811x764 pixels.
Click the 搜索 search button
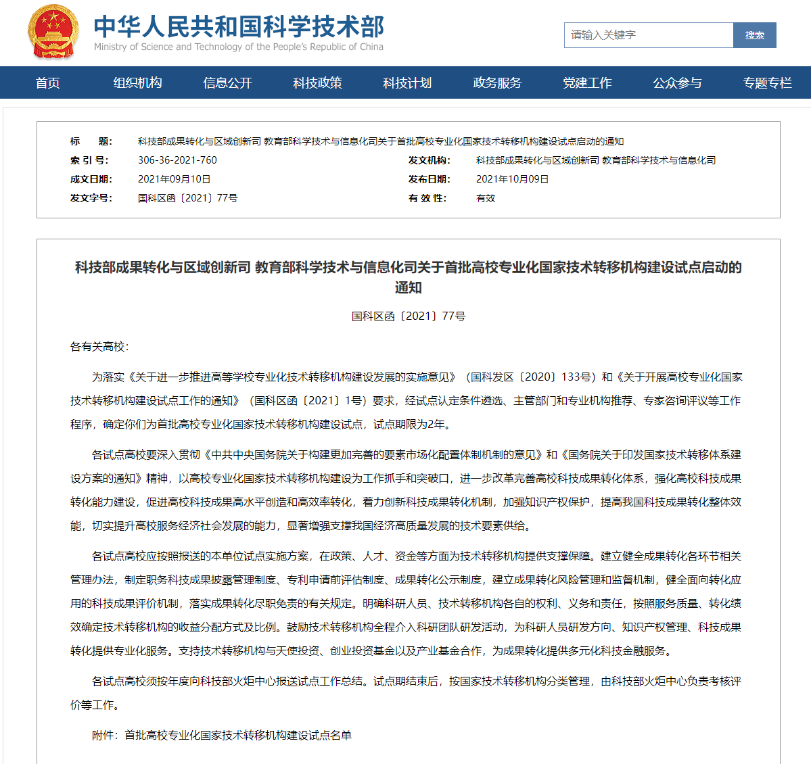click(x=754, y=35)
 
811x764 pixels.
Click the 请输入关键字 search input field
click(x=648, y=35)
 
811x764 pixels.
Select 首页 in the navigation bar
click(x=48, y=83)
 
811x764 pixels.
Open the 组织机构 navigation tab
click(x=137, y=83)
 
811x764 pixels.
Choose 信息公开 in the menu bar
click(x=227, y=83)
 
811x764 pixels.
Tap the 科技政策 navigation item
click(x=317, y=83)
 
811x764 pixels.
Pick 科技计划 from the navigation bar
click(x=407, y=83)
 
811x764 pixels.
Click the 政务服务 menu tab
click(x=497, y=83)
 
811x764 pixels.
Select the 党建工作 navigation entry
click(x=587, y=83)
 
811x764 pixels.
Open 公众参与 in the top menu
click(x=677, y=83)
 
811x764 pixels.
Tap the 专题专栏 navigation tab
click(x=767, y=83)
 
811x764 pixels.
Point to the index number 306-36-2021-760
click(x=177, y=160)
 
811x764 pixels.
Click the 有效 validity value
click(x=486, y=198)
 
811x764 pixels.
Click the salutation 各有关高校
click(x=99, y=347)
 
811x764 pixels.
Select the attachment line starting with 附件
click(x=221, y=735)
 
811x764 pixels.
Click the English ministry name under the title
click(x=238, y=47)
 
